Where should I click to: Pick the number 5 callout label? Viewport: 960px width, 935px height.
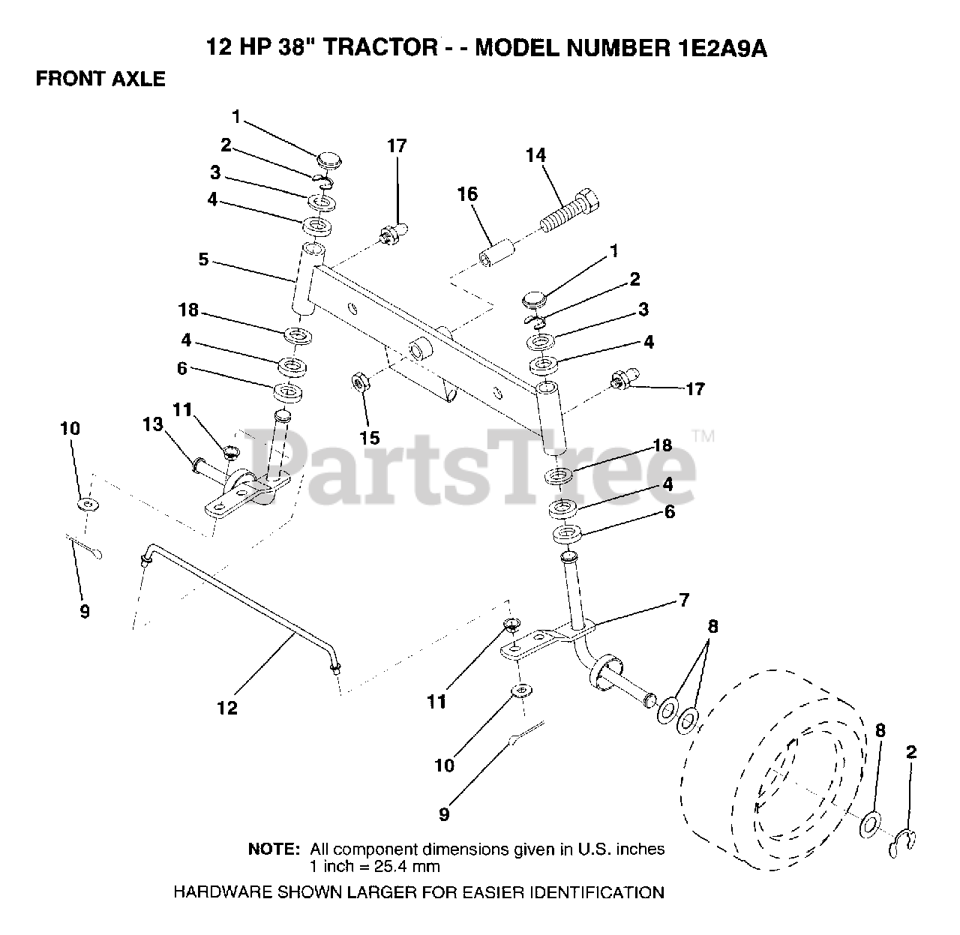[203, 260]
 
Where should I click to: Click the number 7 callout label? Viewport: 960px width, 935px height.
[683, 600]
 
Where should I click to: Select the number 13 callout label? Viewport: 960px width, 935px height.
[153, 425]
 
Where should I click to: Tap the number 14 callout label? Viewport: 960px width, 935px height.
[535, 156]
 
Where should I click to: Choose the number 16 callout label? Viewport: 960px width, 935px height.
[466, 195]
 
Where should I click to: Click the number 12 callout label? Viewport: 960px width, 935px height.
[226, 708]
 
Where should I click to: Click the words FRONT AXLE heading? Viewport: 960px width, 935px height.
[100, 79]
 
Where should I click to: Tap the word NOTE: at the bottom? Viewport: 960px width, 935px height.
[274, 850]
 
